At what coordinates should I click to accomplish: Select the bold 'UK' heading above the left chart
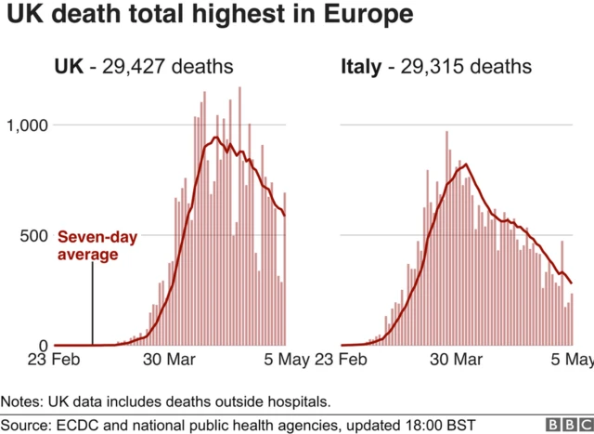pos(68,67)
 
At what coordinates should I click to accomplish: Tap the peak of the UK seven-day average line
pos(215,138)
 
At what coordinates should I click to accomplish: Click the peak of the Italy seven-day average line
pos(465,165)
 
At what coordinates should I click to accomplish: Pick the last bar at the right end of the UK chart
pos(285,269)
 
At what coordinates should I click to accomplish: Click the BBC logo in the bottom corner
pos(561,424)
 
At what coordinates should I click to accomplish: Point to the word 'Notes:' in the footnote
pos(25,401)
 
